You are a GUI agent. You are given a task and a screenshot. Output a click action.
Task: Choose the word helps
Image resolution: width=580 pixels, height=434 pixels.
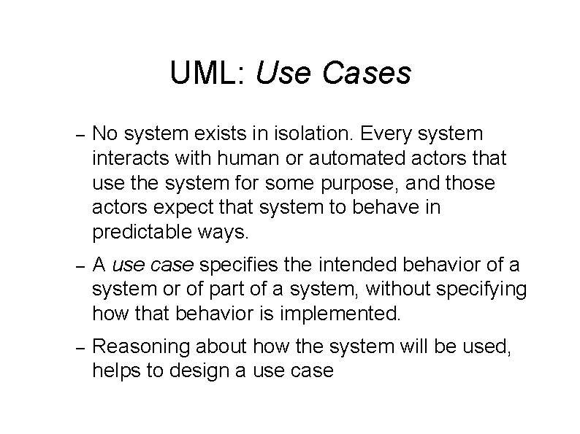click(113, 371)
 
